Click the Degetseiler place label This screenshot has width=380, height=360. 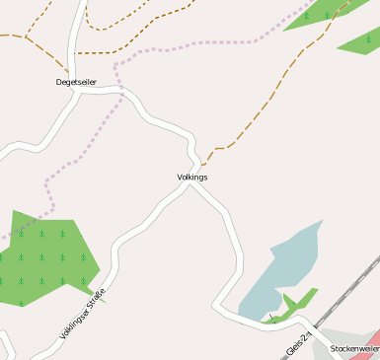[76, 83]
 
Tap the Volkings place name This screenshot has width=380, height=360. [191, 178]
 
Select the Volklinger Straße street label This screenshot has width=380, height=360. [82, 313]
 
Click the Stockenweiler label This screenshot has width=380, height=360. [354, 348]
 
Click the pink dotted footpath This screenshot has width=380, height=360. [197, 43]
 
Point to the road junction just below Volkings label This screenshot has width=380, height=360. [190, 187]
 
